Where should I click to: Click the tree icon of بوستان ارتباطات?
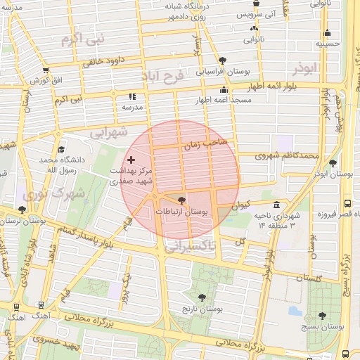click(183, 200)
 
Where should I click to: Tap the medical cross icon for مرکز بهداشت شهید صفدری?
click(131, 160)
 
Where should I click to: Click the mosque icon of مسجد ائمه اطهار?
click(224, 89)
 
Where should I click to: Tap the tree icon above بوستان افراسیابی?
click(223, 60)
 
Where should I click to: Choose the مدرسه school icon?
click(131, 97)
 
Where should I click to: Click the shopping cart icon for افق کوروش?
click(46, 70)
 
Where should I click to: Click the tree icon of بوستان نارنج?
click(202, 297)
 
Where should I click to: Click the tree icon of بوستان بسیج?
click(322, 316)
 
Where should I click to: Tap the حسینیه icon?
click(327, 32)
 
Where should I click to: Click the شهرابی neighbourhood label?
click(109, 131)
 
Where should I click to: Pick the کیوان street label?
click(240, 205)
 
